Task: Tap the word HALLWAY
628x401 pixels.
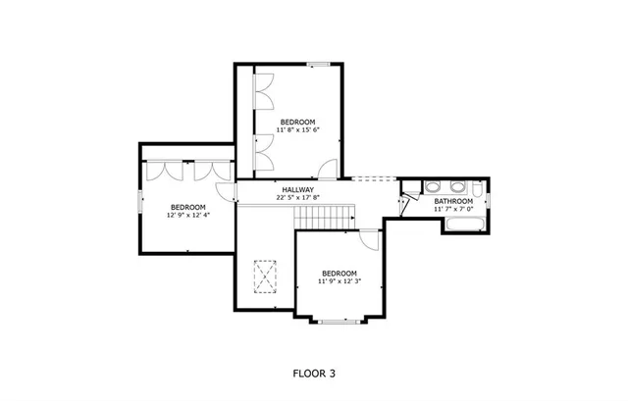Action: tap(297, 189)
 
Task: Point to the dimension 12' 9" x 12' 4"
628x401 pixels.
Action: tap(187, 215)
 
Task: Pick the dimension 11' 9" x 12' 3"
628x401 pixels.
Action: tap(340, 281)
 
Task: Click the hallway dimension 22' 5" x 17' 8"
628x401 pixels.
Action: tap(297, 197)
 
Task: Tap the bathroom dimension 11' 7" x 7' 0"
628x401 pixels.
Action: tap(453, 209)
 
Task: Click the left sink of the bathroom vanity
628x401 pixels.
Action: tap(432, 188)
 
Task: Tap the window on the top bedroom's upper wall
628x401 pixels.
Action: tap(316, 65)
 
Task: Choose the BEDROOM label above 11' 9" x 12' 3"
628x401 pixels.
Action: tap(340, 273)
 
